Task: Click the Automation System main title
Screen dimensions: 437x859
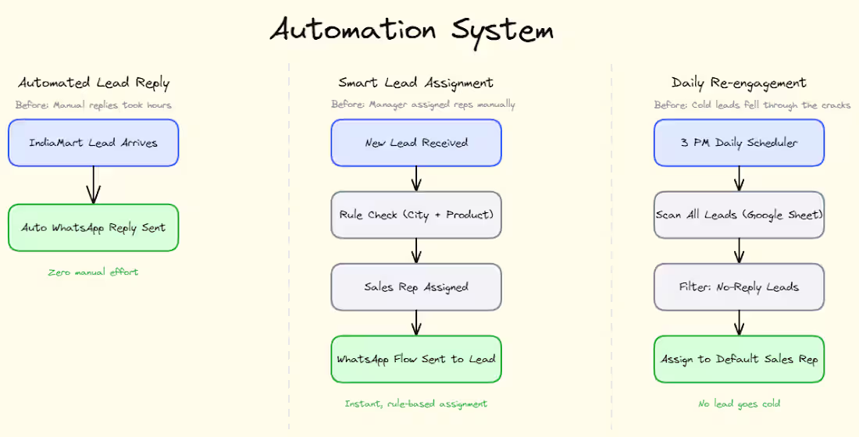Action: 412,30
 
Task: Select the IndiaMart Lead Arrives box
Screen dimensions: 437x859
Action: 94,143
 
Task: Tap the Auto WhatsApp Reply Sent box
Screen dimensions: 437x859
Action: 94,228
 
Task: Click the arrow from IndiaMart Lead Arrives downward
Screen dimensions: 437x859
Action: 94,185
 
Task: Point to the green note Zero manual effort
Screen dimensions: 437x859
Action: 94,272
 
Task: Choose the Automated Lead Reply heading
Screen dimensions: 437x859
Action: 94,83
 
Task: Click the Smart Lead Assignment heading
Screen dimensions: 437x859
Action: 416,83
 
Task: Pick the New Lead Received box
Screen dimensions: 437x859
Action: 416,143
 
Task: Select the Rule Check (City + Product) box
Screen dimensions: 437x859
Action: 416,215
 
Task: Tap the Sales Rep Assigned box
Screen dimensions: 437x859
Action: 416,287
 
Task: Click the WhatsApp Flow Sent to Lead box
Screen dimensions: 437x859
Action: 416,359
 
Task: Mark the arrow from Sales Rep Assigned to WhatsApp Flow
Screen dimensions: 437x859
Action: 416,323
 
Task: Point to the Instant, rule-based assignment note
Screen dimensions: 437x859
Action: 416,403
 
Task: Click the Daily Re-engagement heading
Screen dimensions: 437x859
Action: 739,83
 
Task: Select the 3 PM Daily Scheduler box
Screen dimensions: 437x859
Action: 739,143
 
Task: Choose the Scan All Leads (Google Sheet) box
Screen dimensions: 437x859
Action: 739,215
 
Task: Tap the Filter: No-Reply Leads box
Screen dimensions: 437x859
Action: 739,287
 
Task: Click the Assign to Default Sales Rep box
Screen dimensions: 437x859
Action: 739,359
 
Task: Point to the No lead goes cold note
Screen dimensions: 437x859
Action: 739,403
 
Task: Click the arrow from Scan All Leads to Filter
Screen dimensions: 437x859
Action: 739,250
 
